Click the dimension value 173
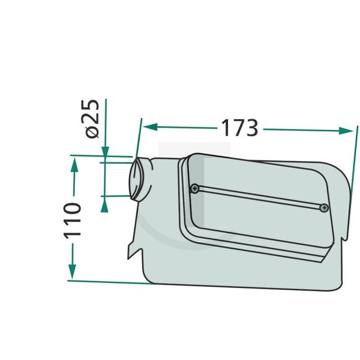click(x=240, y=128)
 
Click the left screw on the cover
click(x=194, y=188)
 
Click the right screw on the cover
click(x=324, y=208)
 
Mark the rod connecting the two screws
click(x=259, y=198)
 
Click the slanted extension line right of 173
click(x=351, y=161)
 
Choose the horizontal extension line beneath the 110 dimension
click(x=111, y=281)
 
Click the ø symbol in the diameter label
click(x=92, y=132)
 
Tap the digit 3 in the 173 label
click(x=251, y=128)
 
